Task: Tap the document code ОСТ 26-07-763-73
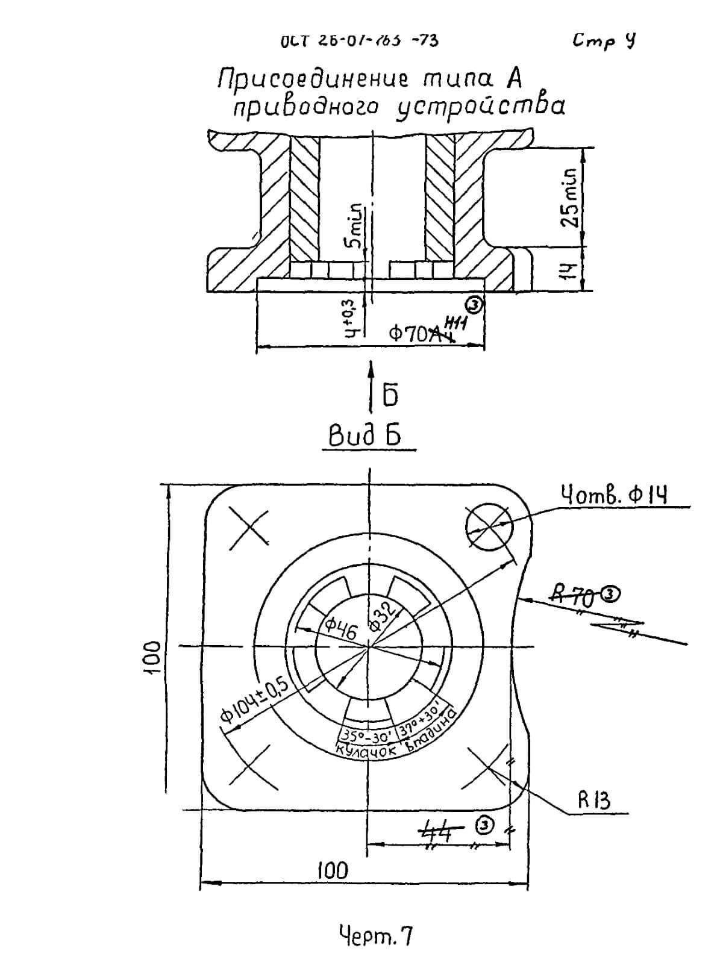click(359, 41)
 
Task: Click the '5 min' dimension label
click(356, 225)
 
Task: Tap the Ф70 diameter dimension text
click(416, 334)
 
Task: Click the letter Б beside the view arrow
click(390, 395)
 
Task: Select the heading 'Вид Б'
click(365, 435)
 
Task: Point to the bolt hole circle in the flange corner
click(489, 528)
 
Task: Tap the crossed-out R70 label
click(575, 597)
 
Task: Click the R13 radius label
click(594, 801)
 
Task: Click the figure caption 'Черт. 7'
click(375, 936)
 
